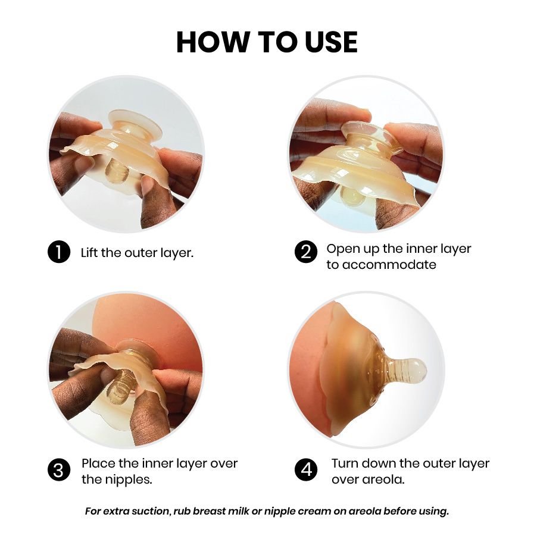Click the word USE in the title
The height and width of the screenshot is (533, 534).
coord(330,42)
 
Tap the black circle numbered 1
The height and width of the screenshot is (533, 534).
coord(59,252)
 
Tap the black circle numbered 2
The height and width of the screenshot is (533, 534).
coord(306,252)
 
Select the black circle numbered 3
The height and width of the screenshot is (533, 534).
coord(59,470)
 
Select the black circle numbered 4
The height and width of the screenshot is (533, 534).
coord(306,470)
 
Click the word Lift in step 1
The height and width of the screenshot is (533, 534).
coord(89,253)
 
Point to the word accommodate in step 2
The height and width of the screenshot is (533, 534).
coord(389,265)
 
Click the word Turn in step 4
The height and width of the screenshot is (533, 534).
coord(346,463)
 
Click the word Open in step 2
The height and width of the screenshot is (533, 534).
coord(342,249)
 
